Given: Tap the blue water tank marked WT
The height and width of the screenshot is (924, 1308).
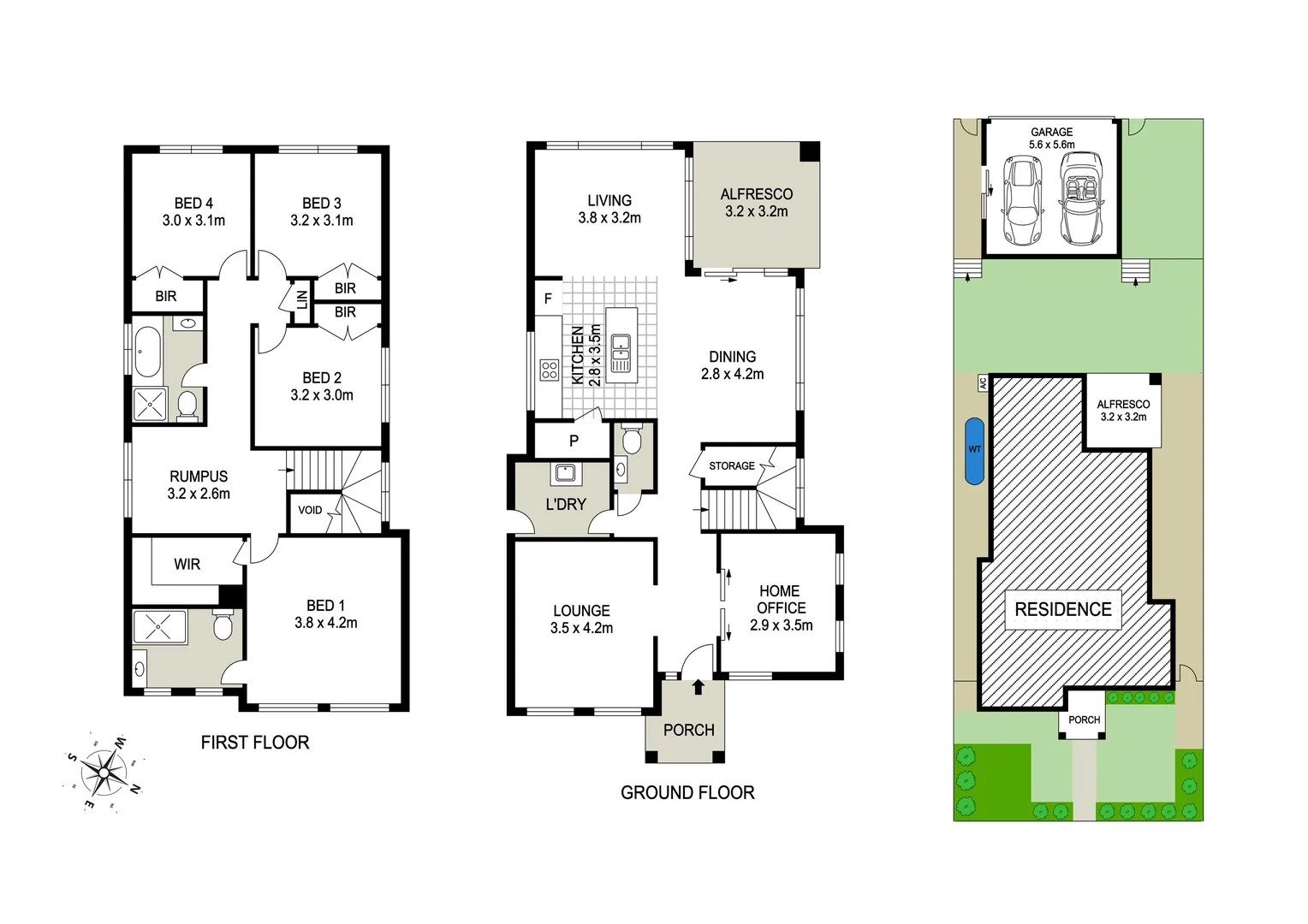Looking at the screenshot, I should pos(973,450).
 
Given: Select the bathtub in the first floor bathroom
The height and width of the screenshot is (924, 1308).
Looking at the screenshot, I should pos(147,352).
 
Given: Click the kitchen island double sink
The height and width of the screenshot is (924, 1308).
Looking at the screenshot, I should pos(621,352).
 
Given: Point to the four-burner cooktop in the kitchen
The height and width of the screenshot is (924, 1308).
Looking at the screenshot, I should pos(549,370).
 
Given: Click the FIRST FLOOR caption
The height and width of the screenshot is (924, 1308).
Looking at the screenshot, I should pos(254,743).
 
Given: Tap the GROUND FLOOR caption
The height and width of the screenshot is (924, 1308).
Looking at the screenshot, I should pos(687,793).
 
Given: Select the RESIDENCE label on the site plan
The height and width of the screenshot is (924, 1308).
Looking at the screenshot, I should pos(1062,609).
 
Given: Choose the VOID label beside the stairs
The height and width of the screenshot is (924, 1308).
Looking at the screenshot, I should pos(310,510).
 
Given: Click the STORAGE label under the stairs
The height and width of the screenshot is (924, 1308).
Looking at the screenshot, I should pos(732,465).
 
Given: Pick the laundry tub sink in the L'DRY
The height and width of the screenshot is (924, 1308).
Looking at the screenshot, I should pos(564,473).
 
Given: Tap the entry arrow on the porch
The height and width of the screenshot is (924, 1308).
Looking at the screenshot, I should pos(698,686).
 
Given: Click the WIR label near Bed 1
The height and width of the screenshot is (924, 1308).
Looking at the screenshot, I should pos(187,564).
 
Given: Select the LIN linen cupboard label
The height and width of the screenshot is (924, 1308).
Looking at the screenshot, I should pos(301,300).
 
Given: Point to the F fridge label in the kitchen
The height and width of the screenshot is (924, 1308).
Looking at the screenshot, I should pos(548,299).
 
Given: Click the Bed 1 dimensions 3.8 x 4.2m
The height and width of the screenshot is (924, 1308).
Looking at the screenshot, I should pos(325,623).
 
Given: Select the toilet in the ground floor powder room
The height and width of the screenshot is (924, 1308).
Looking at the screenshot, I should pos(632,441).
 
